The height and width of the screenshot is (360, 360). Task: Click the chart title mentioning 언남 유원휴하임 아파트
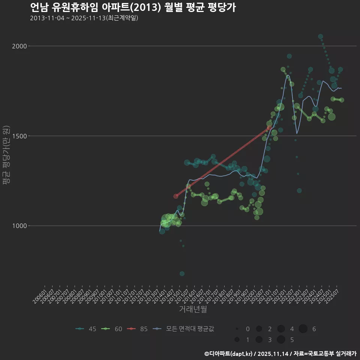[x=133, y=7]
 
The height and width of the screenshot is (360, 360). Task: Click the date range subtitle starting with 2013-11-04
[x=84, y=18]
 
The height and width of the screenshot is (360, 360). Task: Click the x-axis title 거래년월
[x=193, y=309]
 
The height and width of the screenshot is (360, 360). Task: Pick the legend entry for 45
[x=86, y=329]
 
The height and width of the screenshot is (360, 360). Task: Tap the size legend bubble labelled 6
[x=303, y=329]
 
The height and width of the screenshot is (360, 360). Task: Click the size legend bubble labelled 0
[x=237, y=329]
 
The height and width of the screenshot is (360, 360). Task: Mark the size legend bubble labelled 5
[x=281, y=340]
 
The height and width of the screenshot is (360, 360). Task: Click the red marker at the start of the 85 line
[x=176, y=196]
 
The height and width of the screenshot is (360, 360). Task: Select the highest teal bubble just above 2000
[x=320, y=36]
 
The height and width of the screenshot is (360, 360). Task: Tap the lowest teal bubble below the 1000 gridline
[x=182, y=274]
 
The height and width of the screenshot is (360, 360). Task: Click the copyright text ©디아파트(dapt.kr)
[x=229, y=354]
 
